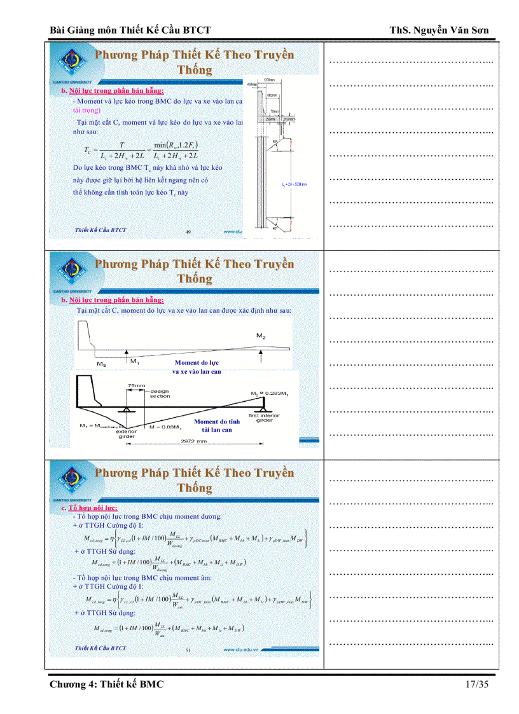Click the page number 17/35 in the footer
tap(477, 684)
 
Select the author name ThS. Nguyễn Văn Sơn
tap(441, 30)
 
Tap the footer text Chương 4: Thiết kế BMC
tap(107, 684)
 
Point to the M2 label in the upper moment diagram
tap(261, 334)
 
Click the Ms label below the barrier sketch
tap(101, 363)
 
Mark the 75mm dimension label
tap(136, 385)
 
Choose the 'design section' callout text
tap(160, 394)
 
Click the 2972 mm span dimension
tap(196, 441)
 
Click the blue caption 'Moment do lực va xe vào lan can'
tap(197, 367)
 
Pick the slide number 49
tap(188, 232)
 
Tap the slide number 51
tap(188, 650)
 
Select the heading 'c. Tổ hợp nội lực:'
tap(89, 509)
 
